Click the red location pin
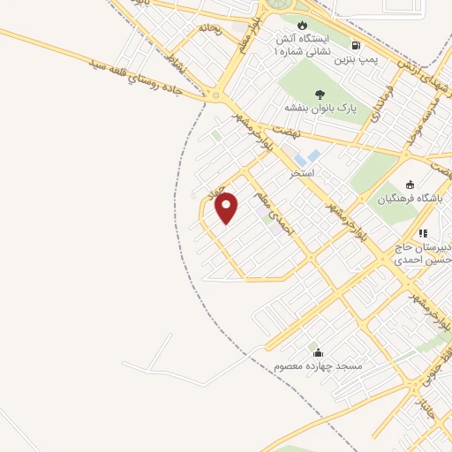(x=227, y=207)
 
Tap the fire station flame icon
(x=304, y=24)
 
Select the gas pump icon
(x=356, y=44)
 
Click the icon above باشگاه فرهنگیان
(x=409, y=184)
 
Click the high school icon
(x=423, y=233)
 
